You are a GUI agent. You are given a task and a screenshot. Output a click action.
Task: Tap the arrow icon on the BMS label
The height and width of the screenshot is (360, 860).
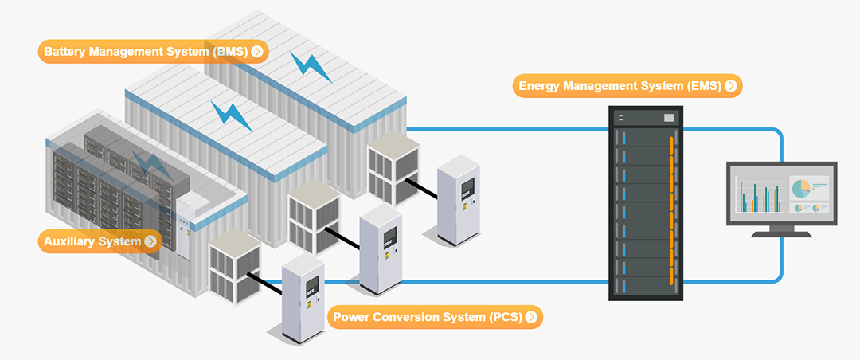[x=257, y=52]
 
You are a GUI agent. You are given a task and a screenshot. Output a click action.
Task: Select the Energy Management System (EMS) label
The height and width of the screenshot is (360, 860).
[x=621, y=86]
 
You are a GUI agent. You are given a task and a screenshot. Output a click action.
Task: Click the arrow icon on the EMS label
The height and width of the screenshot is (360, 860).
[x=730, y=86]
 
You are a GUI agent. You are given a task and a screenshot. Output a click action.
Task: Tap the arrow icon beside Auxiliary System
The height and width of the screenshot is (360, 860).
[x=150, y=241]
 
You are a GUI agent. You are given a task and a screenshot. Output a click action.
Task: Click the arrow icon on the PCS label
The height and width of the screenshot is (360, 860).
[x=530, y=317]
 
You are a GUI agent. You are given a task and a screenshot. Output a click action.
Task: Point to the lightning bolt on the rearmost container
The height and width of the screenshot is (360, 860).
[x=311, y=67]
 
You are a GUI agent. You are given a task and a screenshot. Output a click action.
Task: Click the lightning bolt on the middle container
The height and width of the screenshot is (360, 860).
[x=231, y=116]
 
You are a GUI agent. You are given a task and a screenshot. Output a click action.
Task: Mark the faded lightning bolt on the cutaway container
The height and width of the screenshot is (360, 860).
[x=151, y=165]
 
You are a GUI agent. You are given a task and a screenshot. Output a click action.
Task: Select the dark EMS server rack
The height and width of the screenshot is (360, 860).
[x=646, y=204]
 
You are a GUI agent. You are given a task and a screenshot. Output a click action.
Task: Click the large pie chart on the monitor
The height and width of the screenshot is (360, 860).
[x=800, y=189]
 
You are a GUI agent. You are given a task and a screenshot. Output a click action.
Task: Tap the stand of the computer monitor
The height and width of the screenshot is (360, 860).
[x=781, y=230]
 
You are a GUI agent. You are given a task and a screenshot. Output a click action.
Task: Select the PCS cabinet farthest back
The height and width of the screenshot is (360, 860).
[x=460, y=199]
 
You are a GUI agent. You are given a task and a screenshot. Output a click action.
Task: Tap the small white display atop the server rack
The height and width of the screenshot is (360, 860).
[x=668, y=118]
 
